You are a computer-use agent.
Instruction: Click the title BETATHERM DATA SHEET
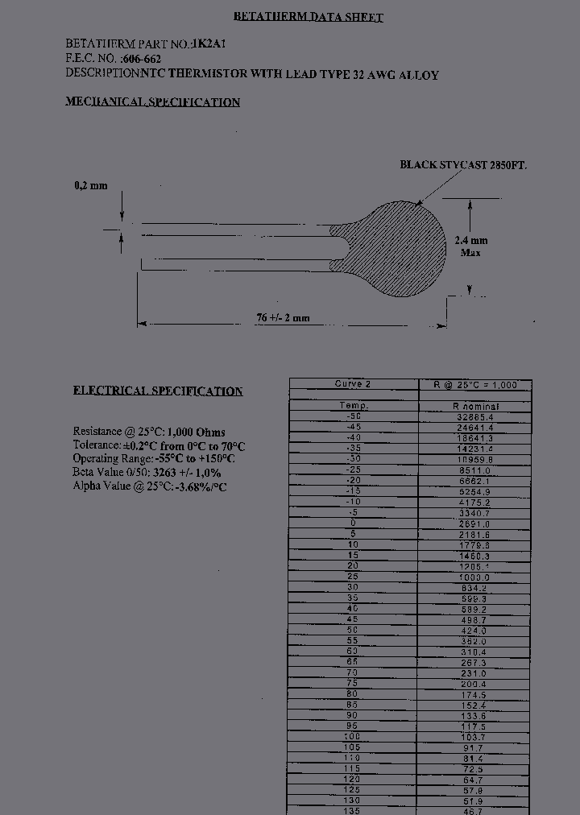[308, 17]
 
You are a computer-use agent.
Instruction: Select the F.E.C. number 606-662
[142, 59]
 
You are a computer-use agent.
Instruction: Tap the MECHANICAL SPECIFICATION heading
[152, 102]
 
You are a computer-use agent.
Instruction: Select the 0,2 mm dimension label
[90, 186]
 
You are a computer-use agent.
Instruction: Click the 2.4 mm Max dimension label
[471, 246]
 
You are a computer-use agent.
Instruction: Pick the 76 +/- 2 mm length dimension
[283, 318]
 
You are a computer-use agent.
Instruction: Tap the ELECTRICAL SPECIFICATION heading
[158, 391]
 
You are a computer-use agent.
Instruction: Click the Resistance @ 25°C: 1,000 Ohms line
[149, 432]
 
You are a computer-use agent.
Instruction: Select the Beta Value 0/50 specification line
[147, 473]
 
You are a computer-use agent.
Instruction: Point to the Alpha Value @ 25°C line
[149, 486]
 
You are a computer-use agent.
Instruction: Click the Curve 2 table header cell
[353, 384]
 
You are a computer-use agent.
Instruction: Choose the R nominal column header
[475, 407]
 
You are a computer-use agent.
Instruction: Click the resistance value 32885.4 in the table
[475, 417]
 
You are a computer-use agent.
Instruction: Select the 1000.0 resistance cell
[475, 577]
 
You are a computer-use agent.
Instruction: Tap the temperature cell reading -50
[353, 417]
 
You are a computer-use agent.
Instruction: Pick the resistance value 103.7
[475, 737]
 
